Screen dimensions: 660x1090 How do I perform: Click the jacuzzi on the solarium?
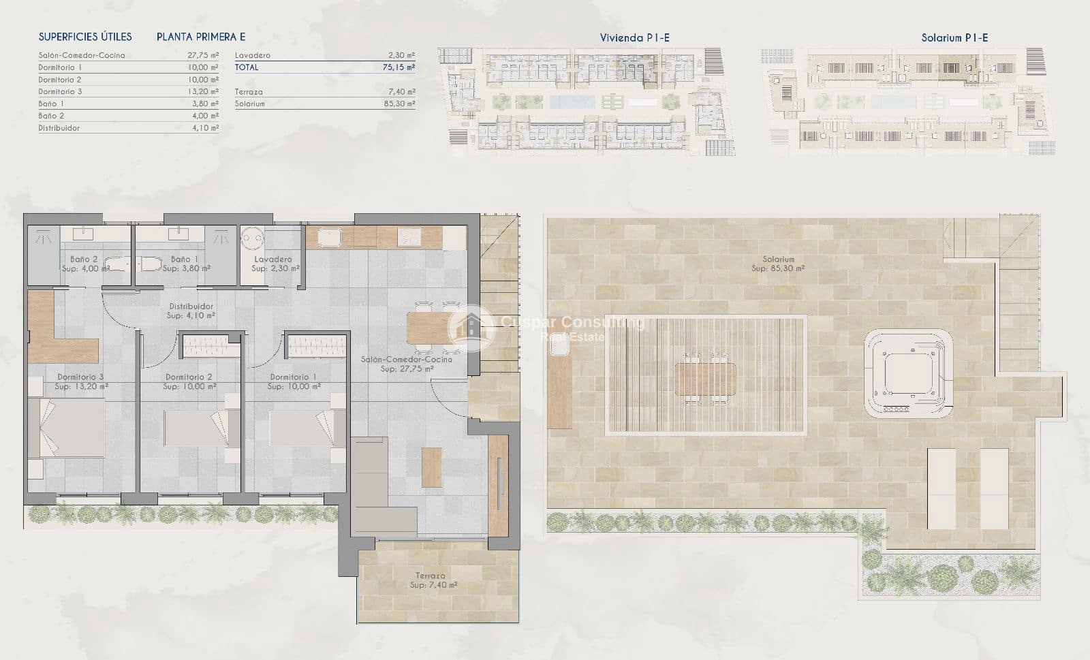(x=909, y=373)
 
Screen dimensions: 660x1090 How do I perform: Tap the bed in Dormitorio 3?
(x=67, y=428)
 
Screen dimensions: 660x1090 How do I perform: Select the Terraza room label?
(x=431, y=576)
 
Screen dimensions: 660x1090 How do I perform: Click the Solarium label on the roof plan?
(x=778, y=260)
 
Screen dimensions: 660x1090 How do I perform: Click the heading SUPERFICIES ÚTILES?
(x=85, y=37)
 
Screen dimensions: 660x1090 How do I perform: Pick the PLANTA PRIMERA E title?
(x=201, y=37)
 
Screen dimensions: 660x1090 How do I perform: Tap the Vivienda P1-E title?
(x=634, y=38)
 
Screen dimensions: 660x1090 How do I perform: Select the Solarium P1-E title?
(x=954, y=38)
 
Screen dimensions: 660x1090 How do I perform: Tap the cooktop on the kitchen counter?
(x=409, y=236)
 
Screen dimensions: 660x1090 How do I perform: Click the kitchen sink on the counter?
(x=330, y=237)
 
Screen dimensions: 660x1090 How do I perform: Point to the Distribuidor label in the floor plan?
(x=191, y=307)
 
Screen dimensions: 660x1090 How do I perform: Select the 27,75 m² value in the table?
(x=202, y=56)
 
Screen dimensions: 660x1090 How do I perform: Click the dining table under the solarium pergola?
(x=705, y=379)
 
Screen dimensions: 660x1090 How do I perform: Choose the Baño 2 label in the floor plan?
(x=84, y=260)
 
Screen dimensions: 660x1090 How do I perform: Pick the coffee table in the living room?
(x=432, y=467)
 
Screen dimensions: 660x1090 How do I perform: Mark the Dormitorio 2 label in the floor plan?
(x=189, y=377)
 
